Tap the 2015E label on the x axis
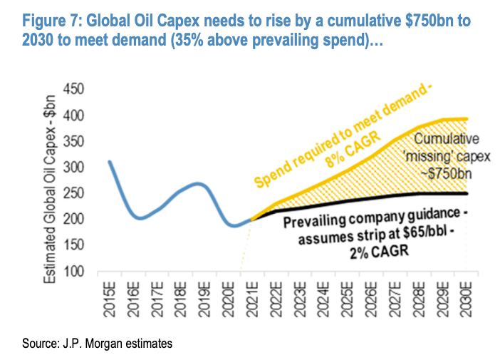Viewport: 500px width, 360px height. (x=110, y=302)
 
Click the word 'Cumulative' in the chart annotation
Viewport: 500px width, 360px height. (x=447, y=139)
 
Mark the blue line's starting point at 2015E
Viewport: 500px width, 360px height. (x=109, y=161)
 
